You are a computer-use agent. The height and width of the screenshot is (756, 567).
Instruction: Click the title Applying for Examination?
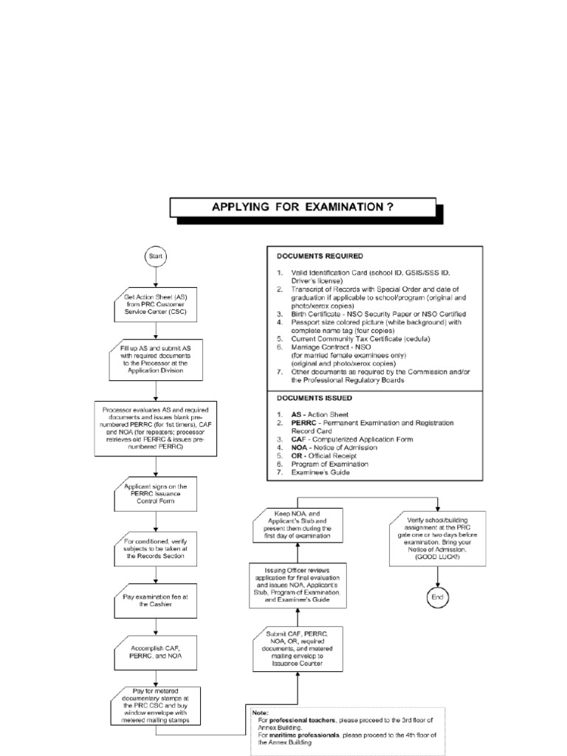303,207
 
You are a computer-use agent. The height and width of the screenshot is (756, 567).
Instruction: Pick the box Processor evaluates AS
156,427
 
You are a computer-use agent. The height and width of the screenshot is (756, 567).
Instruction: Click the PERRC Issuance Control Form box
156,496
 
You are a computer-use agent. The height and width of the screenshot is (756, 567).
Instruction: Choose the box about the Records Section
156,549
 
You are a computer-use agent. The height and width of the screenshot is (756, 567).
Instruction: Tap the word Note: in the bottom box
261,712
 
